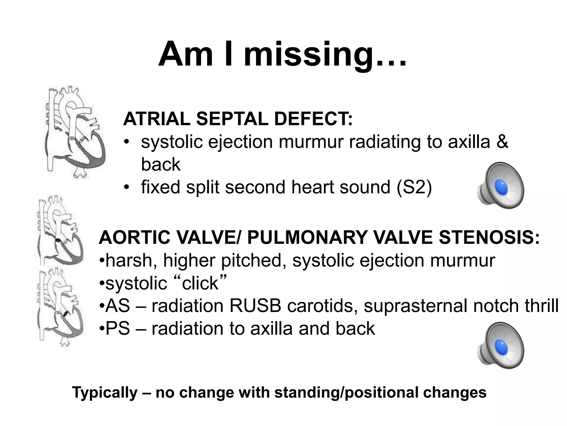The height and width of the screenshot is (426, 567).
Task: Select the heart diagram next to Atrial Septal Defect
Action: [x=74, y=132]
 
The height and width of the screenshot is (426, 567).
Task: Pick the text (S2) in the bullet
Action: [x=414, y=187]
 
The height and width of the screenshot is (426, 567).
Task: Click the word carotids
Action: [x=322, y=306]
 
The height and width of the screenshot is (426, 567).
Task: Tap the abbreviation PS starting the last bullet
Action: [x=118, y=329]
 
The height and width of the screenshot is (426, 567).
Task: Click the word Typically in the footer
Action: [x=105, y=393]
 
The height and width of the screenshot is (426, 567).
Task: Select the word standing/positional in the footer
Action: [x=346, y=393]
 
